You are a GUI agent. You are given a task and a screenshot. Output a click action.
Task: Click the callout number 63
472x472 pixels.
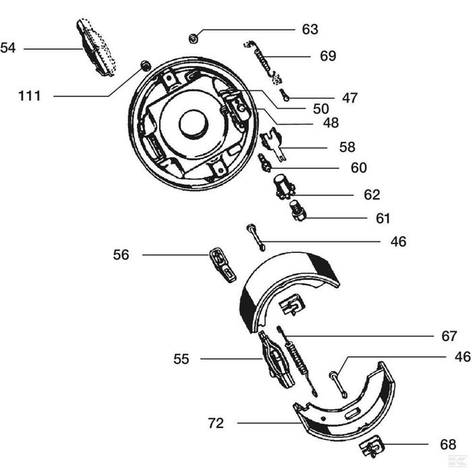pyautogui.click(x=310, y=30)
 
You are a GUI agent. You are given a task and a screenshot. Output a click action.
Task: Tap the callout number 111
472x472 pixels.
pyautogui.click(x=30, y=96)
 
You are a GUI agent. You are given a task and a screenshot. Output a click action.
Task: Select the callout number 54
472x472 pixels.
pyautogui.click(x=8, y=48)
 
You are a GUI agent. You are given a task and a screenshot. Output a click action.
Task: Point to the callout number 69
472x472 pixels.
pyautogui.click(x=328, y=56)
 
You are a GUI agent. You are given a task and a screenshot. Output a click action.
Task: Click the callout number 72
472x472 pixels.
pyautogui.click(x=216, y=423)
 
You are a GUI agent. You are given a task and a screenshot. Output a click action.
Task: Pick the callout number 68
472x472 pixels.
pyautogui.click(x=448, y=444)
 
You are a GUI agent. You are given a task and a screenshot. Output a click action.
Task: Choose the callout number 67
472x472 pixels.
pyautogui.click(x=449, y=336)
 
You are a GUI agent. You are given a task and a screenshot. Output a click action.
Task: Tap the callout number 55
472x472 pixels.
pyautogui.click(x=181, y=359)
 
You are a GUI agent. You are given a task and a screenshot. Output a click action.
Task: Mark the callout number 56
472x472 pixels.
pyautogui.click(x=121, y=255)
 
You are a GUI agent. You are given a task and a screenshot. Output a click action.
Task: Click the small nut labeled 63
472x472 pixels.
pyautogui.click(x=193, y=38)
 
